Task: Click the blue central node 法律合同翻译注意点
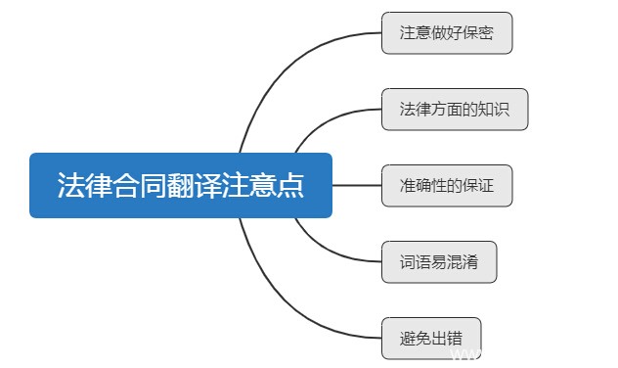181,185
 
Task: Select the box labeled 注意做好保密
447,33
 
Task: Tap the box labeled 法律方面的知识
456,109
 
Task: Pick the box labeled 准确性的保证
447,185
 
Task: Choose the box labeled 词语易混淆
440,261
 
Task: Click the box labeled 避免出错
431,338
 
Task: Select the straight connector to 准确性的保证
357,185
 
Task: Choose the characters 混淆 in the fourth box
463,261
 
